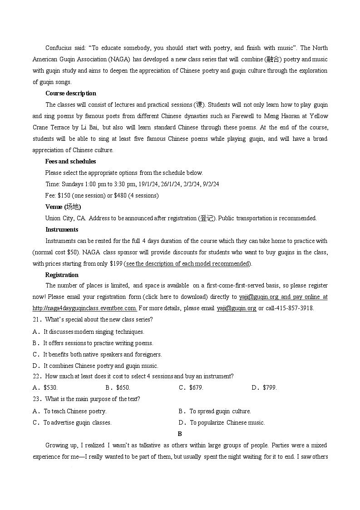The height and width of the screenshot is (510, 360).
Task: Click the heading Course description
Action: click(x=70, y=93)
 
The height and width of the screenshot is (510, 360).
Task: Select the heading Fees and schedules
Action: click(x=70, y=161)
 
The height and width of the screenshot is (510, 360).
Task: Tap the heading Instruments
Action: click(x=62, y=229)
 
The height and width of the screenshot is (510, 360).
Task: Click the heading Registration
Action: click(x=62, y=275)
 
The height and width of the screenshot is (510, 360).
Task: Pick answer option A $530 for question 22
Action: click(x=50, y=387)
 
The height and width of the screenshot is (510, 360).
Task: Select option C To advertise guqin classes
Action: click(x=77, y=422)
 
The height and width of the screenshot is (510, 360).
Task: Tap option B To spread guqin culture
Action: click(x=220, y=411)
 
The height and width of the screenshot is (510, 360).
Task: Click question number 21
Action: click(x=37, y=319)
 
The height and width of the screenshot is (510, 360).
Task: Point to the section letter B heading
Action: click(x=180, y=434)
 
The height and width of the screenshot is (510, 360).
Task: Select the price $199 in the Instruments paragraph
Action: click(x=116, y=263)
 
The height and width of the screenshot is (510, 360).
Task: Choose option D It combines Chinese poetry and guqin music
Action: click(x=101, y=366)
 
